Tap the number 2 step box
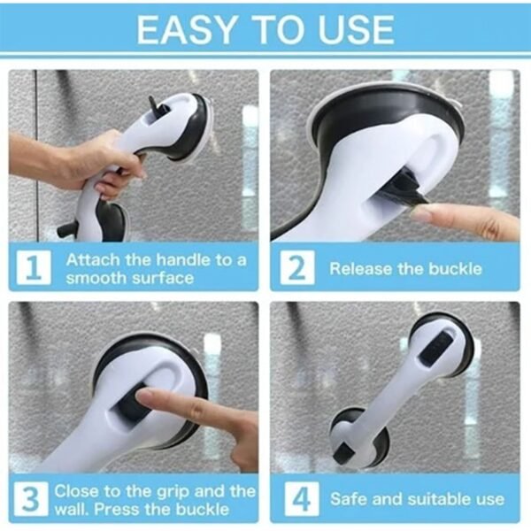(296, 268)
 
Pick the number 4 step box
(296, 498)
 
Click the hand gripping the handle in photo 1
(102, 164)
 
